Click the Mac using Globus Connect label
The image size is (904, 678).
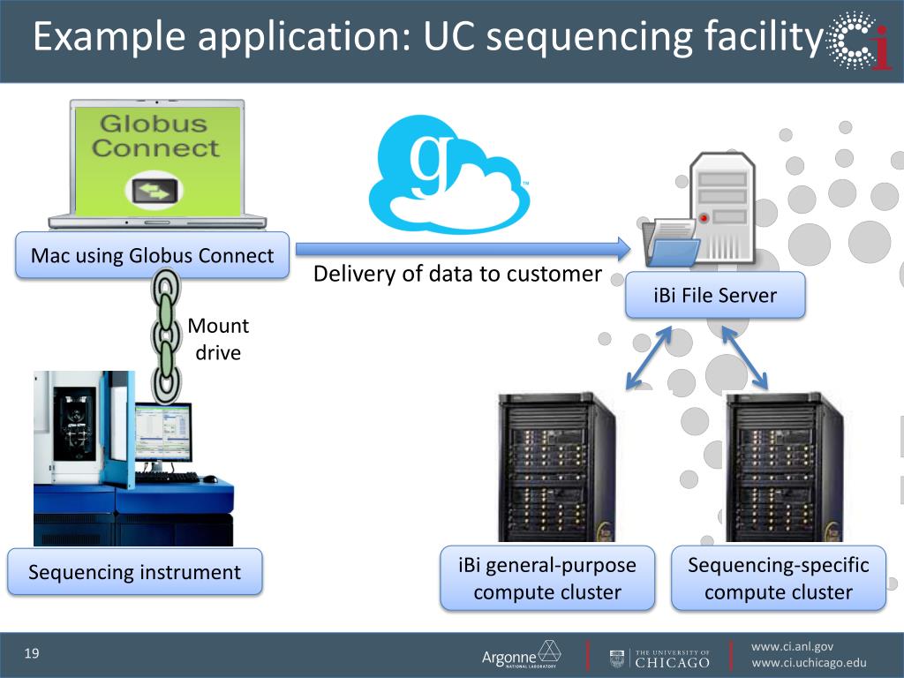click(152, 256)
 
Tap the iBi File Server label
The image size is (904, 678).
click(715, 295)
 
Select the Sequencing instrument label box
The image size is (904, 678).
click(134, 572)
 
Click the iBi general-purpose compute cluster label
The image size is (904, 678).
click(547, 578)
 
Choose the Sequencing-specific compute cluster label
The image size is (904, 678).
click(778, 578)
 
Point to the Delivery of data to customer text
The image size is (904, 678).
click(457, 274)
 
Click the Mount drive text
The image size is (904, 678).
click(217, 339)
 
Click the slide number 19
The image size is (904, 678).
click(33, 654)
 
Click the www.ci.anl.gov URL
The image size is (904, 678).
click(791, 646)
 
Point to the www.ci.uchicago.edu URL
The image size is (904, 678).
click(809, 664)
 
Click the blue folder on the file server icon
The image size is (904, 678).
click(672, 251)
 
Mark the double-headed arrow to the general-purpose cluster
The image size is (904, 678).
click(649, 358)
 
